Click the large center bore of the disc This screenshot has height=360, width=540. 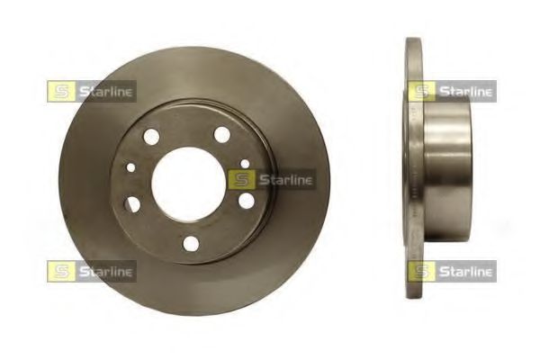tap(189, 184)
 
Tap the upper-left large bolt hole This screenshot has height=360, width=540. tap(151, 137)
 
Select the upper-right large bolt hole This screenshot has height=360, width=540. tap(222, 134)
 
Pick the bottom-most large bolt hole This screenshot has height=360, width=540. tap(191, 244)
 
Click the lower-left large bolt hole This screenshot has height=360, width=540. tap(133, 203)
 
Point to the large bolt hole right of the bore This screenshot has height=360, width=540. tap(247, 201)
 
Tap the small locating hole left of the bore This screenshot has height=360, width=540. tap(131, 167)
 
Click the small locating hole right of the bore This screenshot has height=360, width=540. tap(245, 163)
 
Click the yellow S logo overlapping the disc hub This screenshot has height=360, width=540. tap(242, 179)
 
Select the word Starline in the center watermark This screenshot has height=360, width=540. tap(285, 179)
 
